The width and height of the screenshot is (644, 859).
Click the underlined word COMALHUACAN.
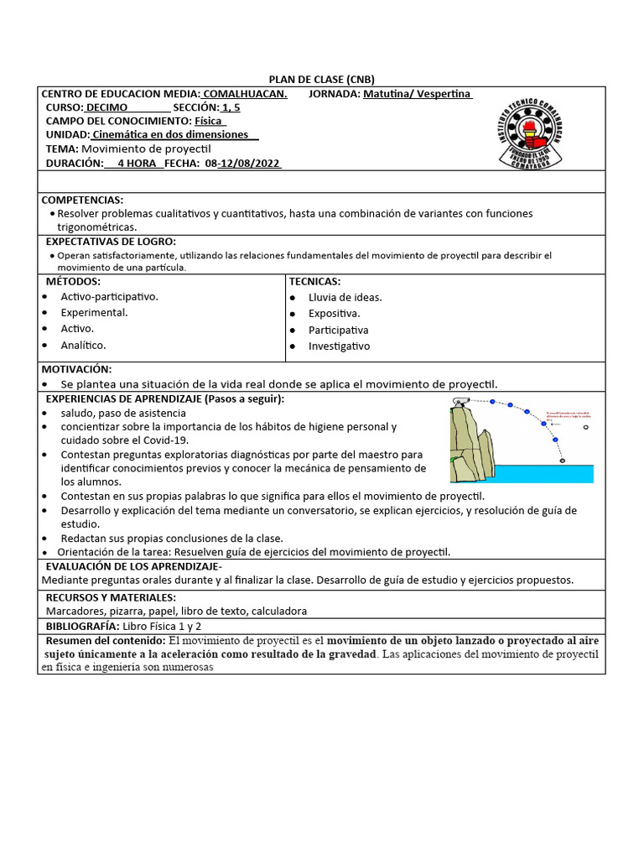point(245,94)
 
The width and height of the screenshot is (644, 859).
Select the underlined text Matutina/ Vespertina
point(418,94)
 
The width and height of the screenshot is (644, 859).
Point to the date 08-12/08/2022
point(243,164)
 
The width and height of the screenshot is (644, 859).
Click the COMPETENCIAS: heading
point(82,200)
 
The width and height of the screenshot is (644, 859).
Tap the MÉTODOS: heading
point(73,281)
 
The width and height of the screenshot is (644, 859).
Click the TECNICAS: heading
point(314,281)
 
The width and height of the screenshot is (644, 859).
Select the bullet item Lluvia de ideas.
point(345,297)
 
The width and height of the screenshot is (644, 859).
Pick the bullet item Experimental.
point(94,312)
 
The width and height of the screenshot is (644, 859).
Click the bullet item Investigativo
point(339,346)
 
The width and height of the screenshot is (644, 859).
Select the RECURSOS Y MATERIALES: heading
point(111,597)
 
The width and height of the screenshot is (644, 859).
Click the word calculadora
point(278,612)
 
